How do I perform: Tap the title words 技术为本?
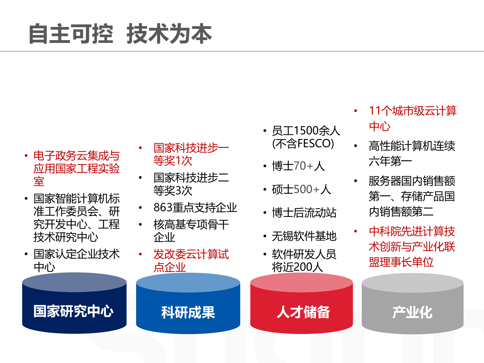click(169, 34)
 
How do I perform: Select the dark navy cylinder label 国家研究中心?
click(74, 311)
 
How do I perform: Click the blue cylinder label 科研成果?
click(188, 313)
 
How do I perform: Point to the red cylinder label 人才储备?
click(303, 312)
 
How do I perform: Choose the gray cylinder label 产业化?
click(412, 313)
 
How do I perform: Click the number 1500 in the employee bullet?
click(306, 131)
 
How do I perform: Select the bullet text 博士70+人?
click(298, 166)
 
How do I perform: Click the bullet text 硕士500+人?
click(301, 189)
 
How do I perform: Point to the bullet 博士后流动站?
click(304, 213)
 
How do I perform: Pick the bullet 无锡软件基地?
click(304, 236)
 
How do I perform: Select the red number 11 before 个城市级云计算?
click(375, 111)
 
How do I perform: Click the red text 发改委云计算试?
click(191, 254)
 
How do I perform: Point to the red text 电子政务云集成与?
click(77, 156)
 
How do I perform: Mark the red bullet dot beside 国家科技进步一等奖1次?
click(140, 148)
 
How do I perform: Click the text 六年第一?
click(390, 161)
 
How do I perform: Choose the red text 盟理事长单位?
click(401, 262)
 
